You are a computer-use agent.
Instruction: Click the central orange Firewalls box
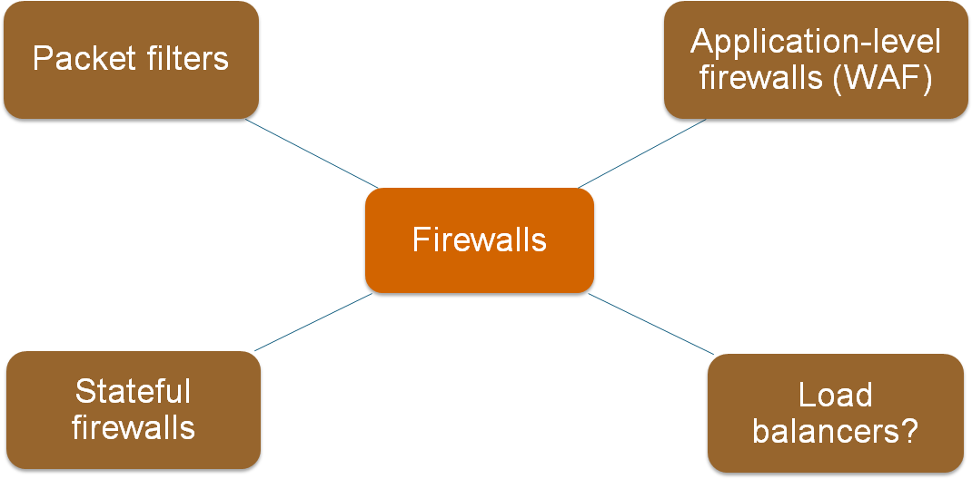click(x=479, y=240)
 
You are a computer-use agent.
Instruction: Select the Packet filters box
click(x=131, y=59)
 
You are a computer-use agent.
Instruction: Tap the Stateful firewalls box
click(x=134, y=410)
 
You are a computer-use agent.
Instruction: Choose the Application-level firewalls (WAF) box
click(x=816, y=59)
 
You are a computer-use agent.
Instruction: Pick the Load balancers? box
click(x=836, y=414)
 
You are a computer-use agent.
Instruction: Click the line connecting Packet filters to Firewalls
click(x=312, y=153)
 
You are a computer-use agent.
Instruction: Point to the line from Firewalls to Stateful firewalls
click(x=313, y=322)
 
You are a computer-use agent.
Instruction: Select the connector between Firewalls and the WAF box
click(x=642, y=152)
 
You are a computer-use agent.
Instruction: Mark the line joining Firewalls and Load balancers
click(x=651, y=324)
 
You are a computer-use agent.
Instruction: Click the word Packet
click(x=84, y=58)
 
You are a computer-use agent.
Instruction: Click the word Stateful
click(x=134, y=391)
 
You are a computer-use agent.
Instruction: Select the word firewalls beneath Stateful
click(x=134, y=427)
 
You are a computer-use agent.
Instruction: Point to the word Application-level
click(x=816, y=42)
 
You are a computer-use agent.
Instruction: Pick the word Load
click(x=836, y=395)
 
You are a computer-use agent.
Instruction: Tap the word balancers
click(x=827, y=431)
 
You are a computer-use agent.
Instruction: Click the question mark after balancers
click(x=909, y=431)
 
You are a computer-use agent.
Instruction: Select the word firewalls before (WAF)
click(x=763, y=79)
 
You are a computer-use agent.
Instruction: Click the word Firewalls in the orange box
click(x=479, y=239)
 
